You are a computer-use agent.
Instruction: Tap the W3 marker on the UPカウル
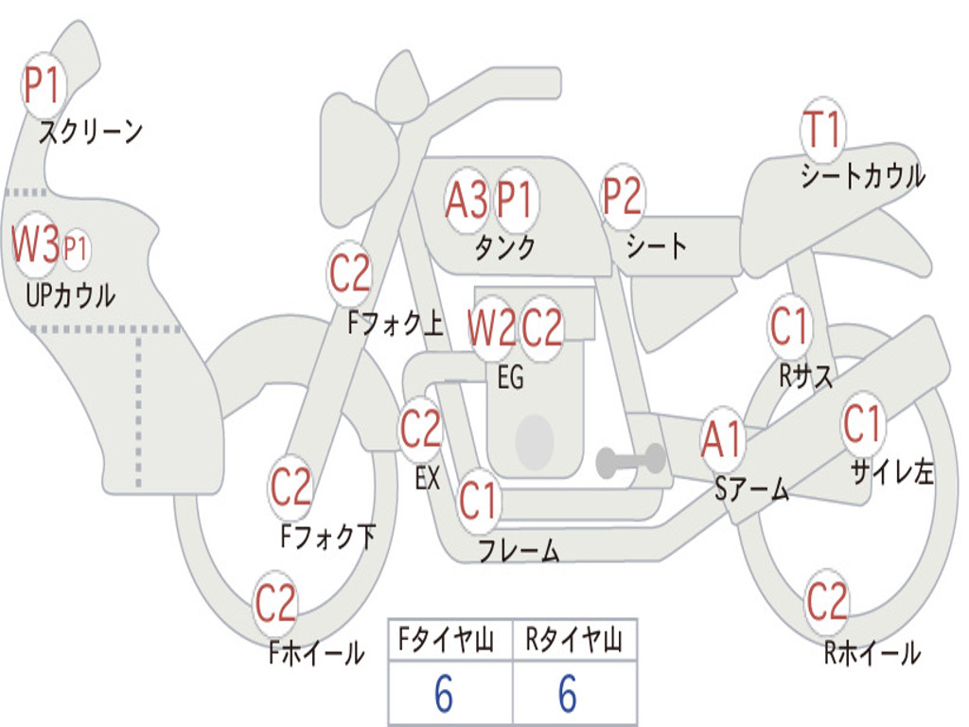click(x=35, y=245)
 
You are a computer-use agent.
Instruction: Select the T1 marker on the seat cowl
click(x=821, y=130)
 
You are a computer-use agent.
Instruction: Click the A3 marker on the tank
click(x=467, y=200)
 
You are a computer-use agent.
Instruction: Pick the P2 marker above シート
click(x=622, y=197)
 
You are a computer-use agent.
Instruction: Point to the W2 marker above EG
click(x=492, y=328)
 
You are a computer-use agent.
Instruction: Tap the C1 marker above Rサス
click(x=789, y=327)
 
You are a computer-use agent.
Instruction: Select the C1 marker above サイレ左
click(x=862, y=424)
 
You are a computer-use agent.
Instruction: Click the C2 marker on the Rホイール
click(x=827, y=601)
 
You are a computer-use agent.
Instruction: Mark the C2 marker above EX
click(x=421, y=431)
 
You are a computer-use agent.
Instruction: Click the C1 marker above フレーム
click(x=478, y=502)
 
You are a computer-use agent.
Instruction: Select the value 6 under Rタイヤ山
click(x=568, y=695)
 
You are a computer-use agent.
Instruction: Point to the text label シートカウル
click(x=862, y=176)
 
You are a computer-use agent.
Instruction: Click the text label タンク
click(x=504, y=247)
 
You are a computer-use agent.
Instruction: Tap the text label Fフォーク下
click(x=328, y=538)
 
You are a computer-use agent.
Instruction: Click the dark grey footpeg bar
click(x=630, y=461)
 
